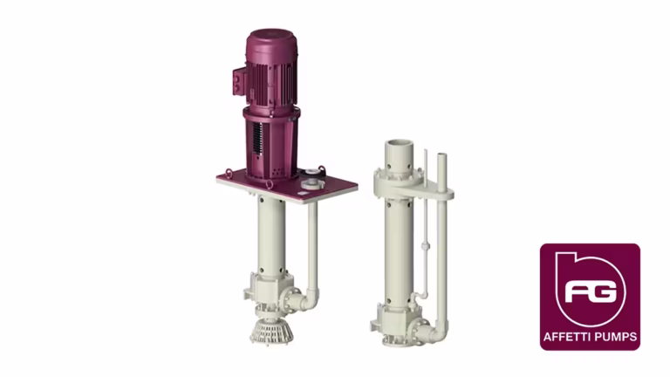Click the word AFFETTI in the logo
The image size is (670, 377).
click(x=567, y=337)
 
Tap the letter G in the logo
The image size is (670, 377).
click(x=604, y=292)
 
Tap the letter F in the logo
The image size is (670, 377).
click(x=578, y=292)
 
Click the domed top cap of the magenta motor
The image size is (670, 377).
click(x=270, y=40)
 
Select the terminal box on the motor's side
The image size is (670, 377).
click(x=239, y=80)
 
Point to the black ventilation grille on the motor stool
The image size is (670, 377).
click(x=256, y=137)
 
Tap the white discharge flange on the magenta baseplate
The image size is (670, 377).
click(x=311, y=185)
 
